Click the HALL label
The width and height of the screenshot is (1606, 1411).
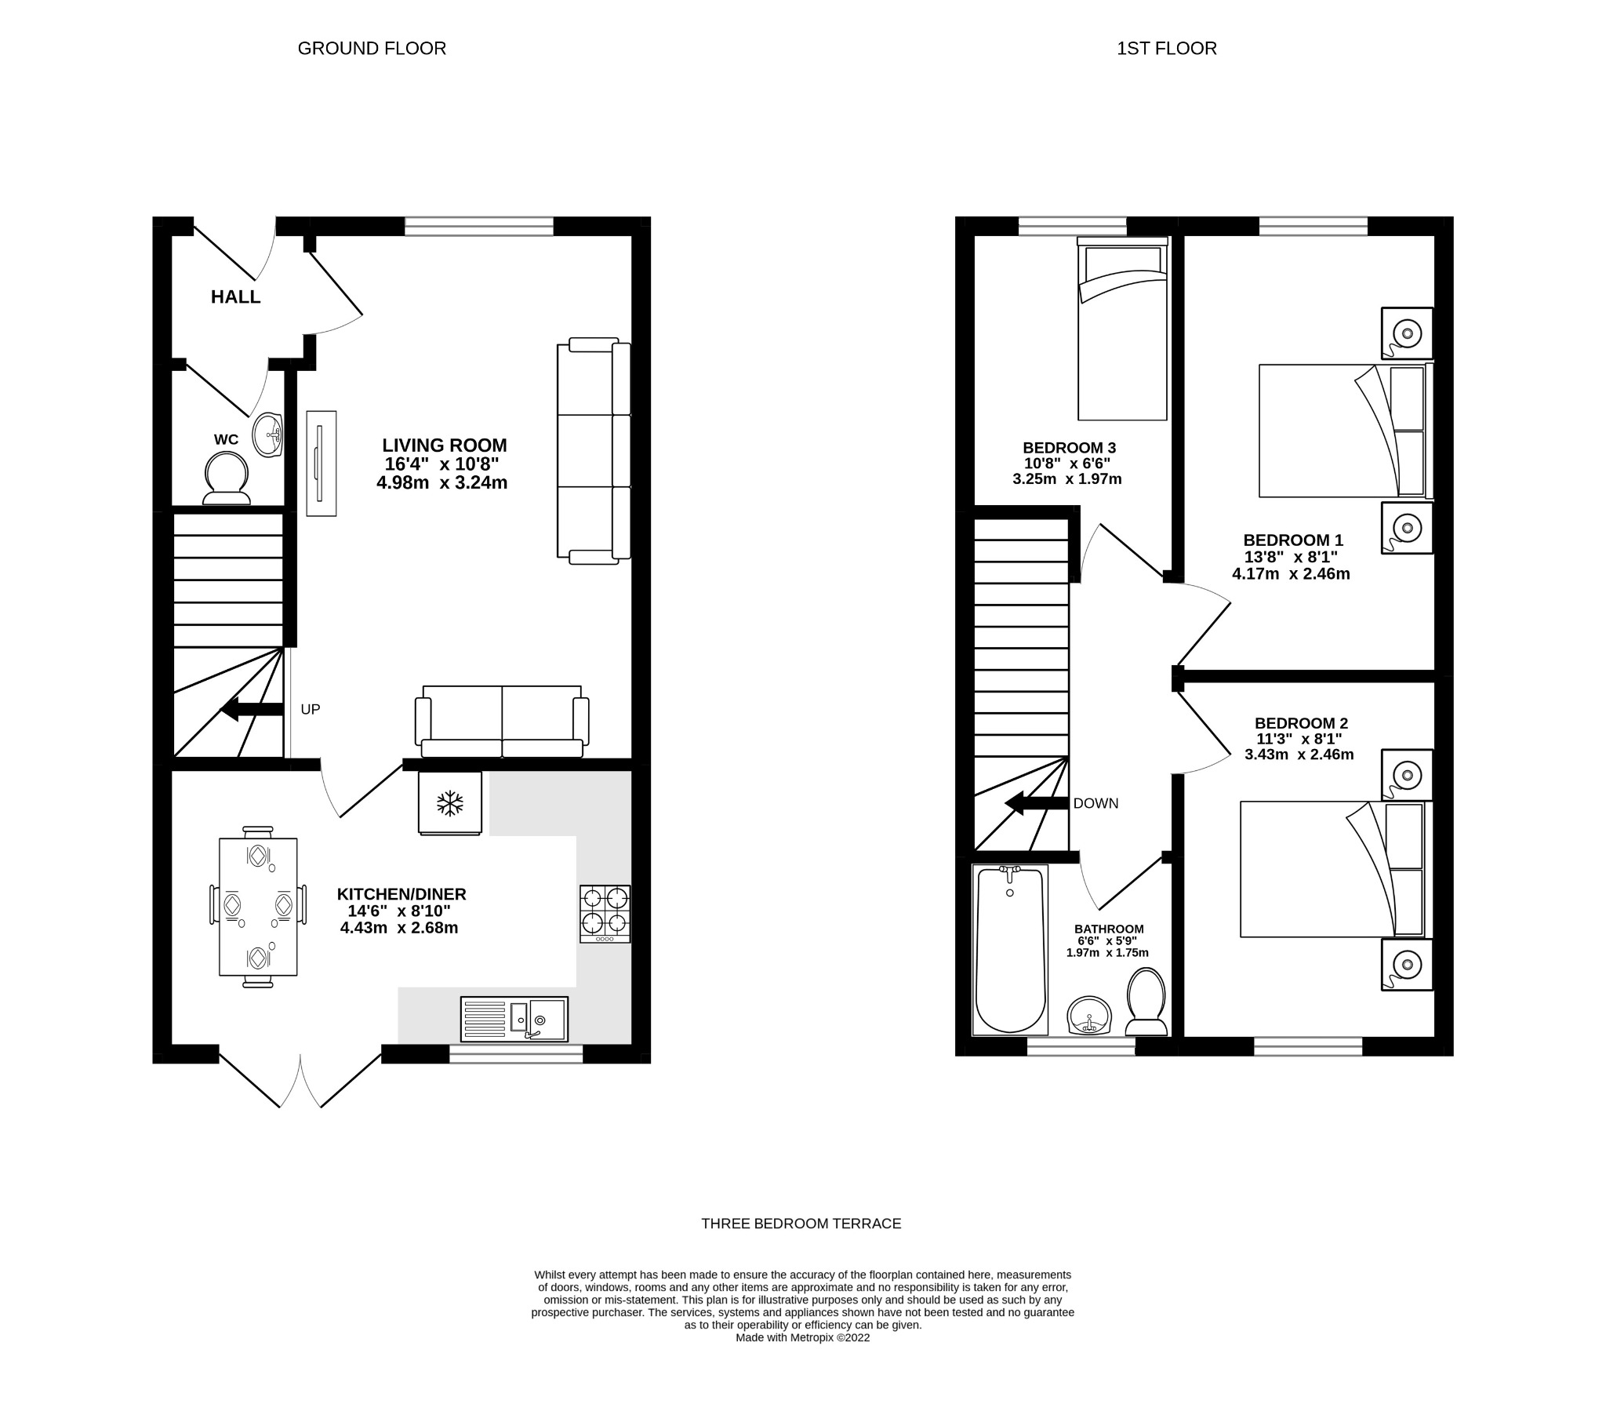pyautogui.click(x=235, y=297)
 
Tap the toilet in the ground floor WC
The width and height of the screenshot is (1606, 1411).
pyautogui.click(x=227, y=479)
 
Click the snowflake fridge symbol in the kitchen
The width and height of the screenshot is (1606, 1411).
pyautogui.click(x=450, y=803)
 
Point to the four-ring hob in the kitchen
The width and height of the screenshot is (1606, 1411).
pyautogui.click(x=605, y=914)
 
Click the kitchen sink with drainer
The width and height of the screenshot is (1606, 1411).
pyautogui.click(x=514, y=1019)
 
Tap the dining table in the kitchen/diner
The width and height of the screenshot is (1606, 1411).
pyautogui.click(x=258, y=907)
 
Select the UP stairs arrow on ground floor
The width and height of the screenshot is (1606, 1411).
pyautogui.click(x=253, y=710)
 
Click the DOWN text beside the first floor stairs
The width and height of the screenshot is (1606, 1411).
pyautogui.click(x=1095, y=803)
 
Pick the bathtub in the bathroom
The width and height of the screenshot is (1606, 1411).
pyautogui.click(x=1010, y=949)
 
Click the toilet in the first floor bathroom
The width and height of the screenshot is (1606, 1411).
pyautogui.click(x=1146, y=1002)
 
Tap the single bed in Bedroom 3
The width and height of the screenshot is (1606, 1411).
pyautogui.click(x=1122, y=330)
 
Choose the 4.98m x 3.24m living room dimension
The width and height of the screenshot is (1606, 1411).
pyautogui.click(x=441, y=482)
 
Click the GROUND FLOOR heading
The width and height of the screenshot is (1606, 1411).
pyautogui.click(x=372, y=49)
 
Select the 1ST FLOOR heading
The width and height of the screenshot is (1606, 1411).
pyautogui.click(x=1166, y=49)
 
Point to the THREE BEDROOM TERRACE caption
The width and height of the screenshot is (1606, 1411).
pyautogui.click(x=801, y=1223)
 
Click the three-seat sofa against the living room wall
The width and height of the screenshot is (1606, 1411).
pyautogui.click(x=594, y=451)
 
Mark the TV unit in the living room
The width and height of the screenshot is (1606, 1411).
pyautogui.click(x=322, y=463)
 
